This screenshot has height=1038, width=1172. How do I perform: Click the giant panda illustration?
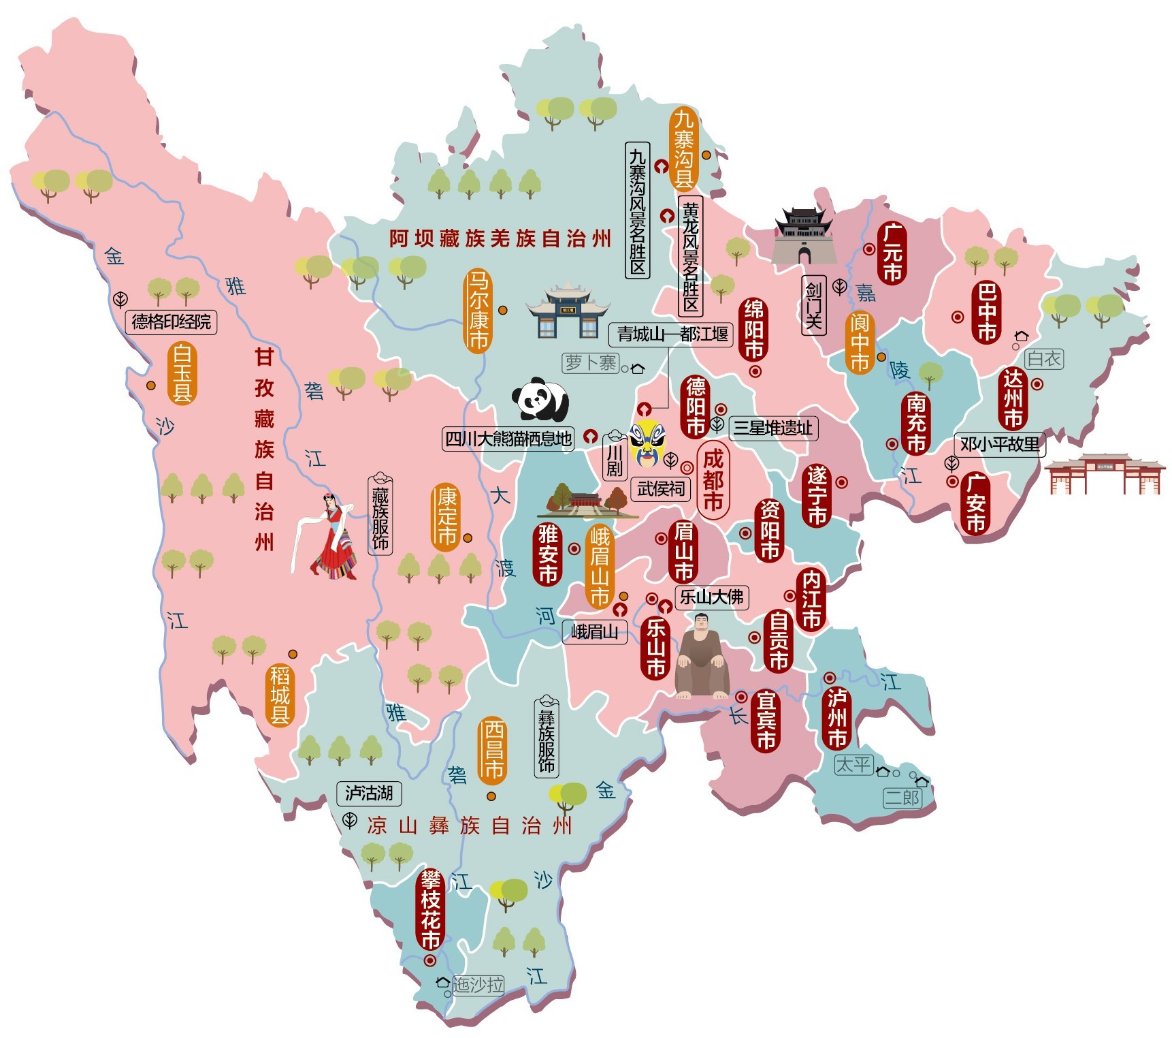[x=540, y=400]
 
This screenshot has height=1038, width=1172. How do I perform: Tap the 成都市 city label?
[x=713, y=481]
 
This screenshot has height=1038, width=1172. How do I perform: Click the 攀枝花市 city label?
[x=430, y=910]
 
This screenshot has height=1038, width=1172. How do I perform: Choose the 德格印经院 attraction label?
[x=171, y=321]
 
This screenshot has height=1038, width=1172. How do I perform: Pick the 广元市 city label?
[x=892, y=253]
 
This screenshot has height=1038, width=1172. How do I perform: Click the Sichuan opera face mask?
[x=647, y=443]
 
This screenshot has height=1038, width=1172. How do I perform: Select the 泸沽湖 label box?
[x=369, y=793]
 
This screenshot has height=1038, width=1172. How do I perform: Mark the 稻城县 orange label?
[x=280, y=695]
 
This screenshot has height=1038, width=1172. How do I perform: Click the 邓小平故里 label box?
[x=999, y=445]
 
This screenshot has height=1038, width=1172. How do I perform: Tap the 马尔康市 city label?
[x=478, y=311]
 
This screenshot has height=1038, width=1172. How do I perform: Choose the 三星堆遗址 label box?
[x=772, y=428]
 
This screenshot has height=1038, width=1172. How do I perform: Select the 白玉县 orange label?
[x=182, y=373]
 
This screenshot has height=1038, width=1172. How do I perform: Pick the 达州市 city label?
[x=1013, y=398]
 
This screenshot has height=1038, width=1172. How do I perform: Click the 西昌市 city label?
[x=493, y=750]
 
